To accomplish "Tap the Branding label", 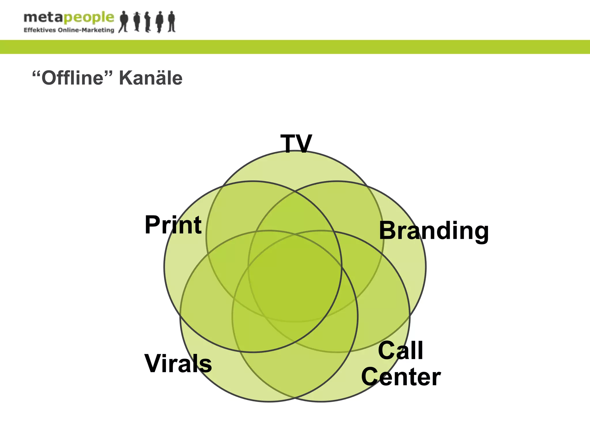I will tap(434, 231).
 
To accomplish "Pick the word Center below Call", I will tap(401, 377).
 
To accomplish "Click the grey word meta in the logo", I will tap(43, 18).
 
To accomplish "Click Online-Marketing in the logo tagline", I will tap(86, 30).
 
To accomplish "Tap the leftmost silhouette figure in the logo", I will tap(124, 22).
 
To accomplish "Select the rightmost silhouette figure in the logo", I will tap(172, 22).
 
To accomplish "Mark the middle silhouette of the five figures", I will tap(147, 22).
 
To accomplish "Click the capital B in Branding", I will tap(387, 231).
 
